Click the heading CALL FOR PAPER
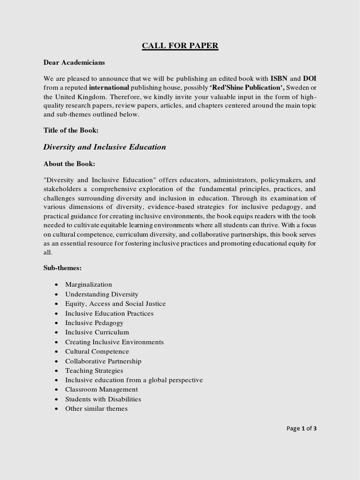(x=180, y=45)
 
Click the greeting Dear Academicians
(x=74, y=62)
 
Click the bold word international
(x=109, y=87)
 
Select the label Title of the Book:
(x=71, y=131)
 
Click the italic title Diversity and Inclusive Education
(x=105, y=147)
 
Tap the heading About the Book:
(x=69, y=164)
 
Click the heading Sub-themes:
(x=62, y=268)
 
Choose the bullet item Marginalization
(x=89, y=285)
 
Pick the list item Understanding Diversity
(x=102, y=294)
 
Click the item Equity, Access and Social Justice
(x=115, y=304)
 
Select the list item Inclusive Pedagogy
(x=94, y=323)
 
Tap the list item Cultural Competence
(x=97, y=352)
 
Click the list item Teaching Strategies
(x=94, y=371)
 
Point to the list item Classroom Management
(x=101, y=390)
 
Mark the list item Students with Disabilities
(x=103, y=399)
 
